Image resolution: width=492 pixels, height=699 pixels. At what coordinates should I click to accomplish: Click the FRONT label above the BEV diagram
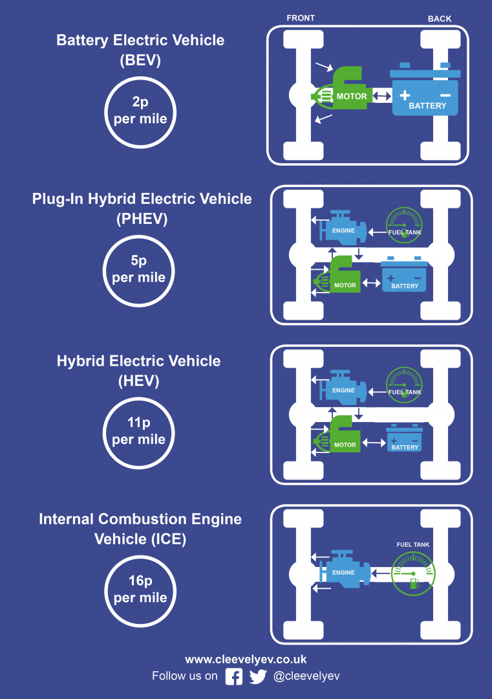tap(301, 18)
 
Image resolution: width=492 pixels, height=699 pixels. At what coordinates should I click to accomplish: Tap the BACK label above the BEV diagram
tap(440, 19)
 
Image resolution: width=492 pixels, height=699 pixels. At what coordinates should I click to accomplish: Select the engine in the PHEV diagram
tap(343, 228)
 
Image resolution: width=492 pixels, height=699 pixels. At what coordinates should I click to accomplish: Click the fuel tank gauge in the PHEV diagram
tap(404, 225)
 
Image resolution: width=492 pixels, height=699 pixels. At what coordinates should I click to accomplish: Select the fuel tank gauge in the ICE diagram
tap(413, 573)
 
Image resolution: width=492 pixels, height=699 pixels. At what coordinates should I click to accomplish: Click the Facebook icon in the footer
tap(234, 676)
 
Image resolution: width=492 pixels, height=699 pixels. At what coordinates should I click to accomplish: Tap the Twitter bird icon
tap(258, 676)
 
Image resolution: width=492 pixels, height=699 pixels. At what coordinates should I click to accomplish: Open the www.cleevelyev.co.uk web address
tap(246, 660)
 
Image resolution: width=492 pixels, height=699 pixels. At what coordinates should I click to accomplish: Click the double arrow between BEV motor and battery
tap(381, 95)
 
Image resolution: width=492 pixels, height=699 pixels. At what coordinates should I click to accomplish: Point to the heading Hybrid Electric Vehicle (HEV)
tap(138, 371)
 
